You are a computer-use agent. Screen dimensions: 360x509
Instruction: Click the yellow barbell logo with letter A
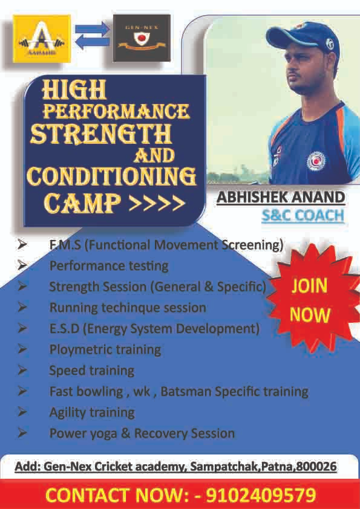click(42, 38)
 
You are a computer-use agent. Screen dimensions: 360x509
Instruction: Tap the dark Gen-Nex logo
click(142, 38)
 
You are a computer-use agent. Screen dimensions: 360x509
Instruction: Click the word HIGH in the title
click(74, 89)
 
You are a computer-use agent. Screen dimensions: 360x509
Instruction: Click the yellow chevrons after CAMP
click(157, 204)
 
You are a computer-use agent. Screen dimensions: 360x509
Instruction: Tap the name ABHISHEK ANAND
click(281, 198)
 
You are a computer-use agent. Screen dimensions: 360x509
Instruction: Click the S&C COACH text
click(303, 216)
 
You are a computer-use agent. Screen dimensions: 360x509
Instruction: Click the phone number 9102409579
click(261, 495)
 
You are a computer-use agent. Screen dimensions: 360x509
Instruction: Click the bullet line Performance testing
click(109, 266)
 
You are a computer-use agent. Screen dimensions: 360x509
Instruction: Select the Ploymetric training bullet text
click(105, 349)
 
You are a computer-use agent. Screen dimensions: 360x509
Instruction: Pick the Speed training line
click(91, 371)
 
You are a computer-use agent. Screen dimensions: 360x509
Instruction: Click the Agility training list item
click(92, 413)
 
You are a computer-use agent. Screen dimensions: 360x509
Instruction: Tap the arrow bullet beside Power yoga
click(22, 433)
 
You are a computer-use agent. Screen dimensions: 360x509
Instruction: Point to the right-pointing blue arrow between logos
click(93, 28)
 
